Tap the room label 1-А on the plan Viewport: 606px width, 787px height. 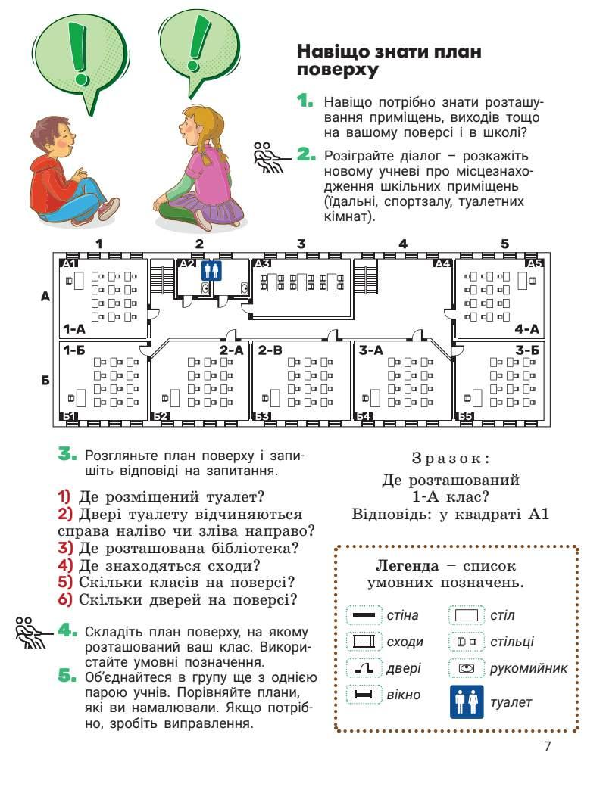(74, 329)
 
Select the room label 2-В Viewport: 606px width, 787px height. (270, 350)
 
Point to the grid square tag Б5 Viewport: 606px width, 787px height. (465, 416)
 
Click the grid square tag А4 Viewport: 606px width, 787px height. (442, 263)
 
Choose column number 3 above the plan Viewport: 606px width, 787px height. (301, 244)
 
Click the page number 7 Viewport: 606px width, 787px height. (547, 746)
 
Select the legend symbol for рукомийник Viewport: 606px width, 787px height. (467, 668)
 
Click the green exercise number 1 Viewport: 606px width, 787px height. (305, 101)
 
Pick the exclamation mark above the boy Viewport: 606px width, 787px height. (75, 45)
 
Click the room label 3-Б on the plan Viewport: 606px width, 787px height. (526, 350)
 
